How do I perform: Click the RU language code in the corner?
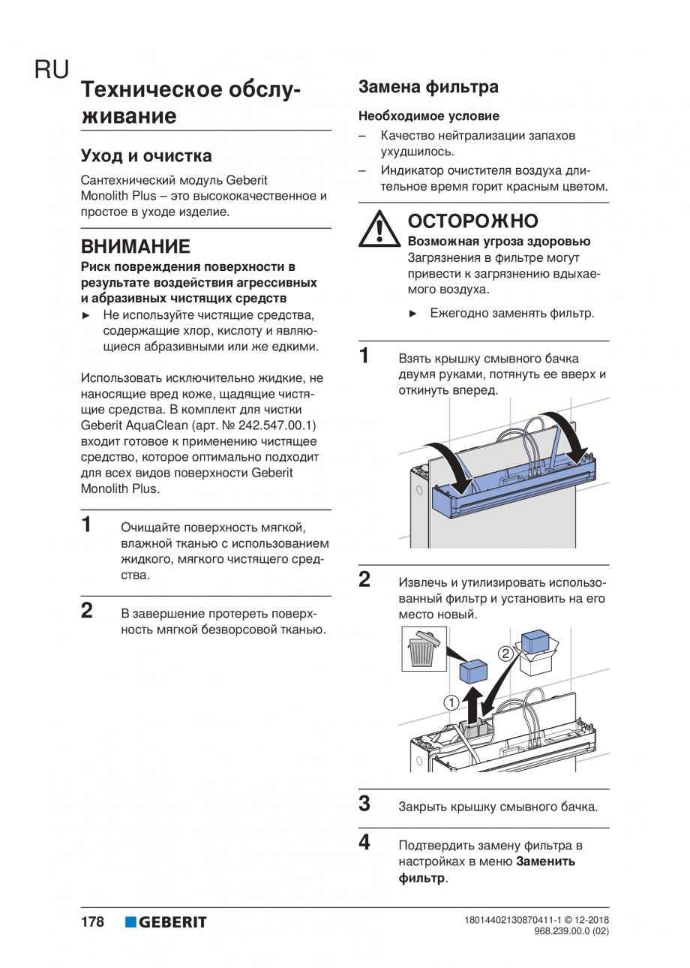[51, 70]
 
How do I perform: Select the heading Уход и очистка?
[146, 156]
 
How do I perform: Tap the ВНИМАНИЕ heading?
[135, 247]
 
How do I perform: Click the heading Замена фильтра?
[428, 87]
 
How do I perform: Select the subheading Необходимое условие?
[428, 116]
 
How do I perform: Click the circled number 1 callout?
[451, 702]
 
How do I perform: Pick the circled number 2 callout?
[506, 653]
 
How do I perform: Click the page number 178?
[92, 922]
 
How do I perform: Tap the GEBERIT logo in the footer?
[166, 922]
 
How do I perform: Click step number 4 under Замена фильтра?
[364, 843]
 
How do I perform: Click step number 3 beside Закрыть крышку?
[364, 804]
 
